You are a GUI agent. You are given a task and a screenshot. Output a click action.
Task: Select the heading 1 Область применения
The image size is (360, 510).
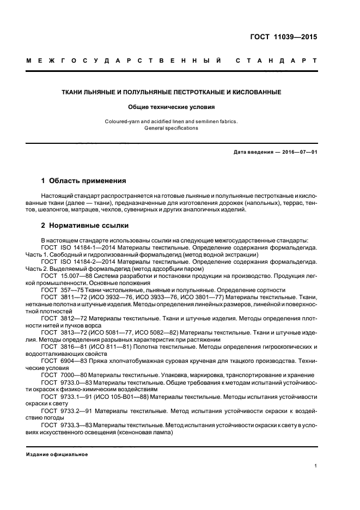(84, 180)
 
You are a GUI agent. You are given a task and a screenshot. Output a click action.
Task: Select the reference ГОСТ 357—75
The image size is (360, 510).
(60, 290)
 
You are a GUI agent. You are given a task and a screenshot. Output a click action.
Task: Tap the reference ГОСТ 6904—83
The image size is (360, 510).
(62, 361)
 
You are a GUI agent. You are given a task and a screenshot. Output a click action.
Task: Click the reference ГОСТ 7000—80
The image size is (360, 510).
(62, 375)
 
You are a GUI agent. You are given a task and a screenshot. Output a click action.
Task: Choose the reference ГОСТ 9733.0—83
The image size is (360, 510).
(65, 382)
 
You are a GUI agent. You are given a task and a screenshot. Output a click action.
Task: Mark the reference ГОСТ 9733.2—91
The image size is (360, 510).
(65, 411)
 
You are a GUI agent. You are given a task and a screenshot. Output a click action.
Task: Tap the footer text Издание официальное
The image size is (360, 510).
(57, 454)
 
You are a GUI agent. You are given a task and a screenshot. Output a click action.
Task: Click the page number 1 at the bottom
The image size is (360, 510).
(315, 466)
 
